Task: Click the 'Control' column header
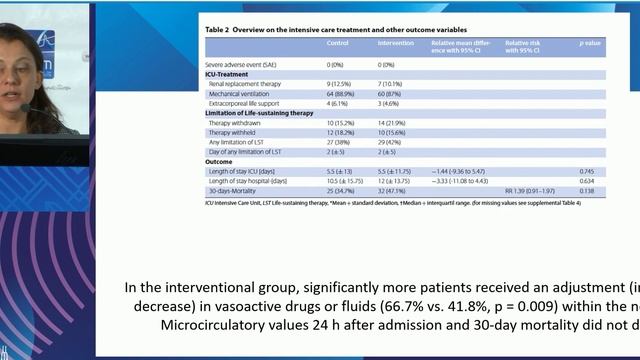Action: pos(339,45)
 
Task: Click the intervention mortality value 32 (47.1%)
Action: pos(392,190)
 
